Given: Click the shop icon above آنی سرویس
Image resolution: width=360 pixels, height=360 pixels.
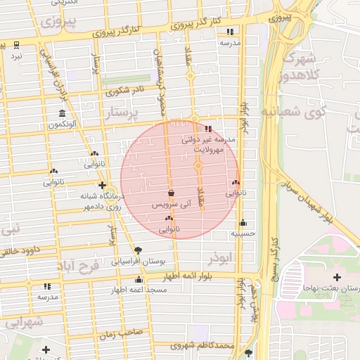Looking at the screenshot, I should (171, 193).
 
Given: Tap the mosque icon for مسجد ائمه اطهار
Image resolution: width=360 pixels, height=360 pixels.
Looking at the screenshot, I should (120, 289).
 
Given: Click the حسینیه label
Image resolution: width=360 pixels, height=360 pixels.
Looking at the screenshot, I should (243, 233).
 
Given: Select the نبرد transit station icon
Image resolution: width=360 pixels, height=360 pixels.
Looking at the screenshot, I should (16, 45).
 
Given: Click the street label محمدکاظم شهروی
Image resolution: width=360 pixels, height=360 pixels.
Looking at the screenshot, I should (205, 346).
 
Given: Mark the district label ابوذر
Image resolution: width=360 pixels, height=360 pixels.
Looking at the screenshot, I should (219, 259).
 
